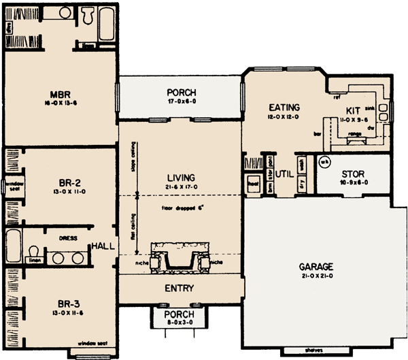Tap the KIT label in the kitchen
[352, 110]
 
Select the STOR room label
[353, 174]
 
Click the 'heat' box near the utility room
[253, 182]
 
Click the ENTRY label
[180, 288]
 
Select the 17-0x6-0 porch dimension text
[181, 101]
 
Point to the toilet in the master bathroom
[87, 15]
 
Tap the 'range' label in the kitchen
[354, 134]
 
